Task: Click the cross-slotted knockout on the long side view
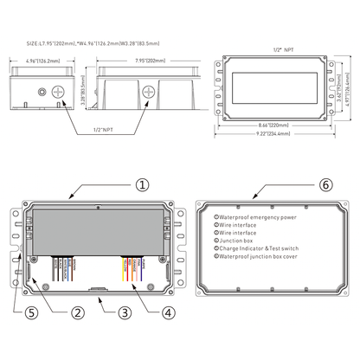point(149,91)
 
